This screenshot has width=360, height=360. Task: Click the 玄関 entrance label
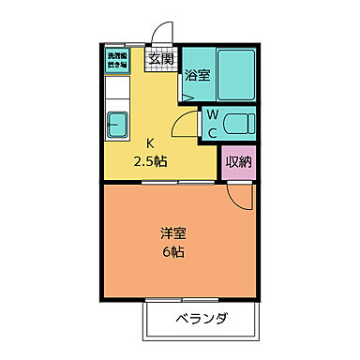[x=160, y=58]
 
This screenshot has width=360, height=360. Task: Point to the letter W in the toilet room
[x=212, y=115]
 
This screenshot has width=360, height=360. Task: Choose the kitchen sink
[x=120, y=123]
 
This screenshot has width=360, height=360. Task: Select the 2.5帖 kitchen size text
[x=150, y=160]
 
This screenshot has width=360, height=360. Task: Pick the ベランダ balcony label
[x=201, y=320]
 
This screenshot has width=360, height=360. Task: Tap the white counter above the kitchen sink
[x=118, y=93]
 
